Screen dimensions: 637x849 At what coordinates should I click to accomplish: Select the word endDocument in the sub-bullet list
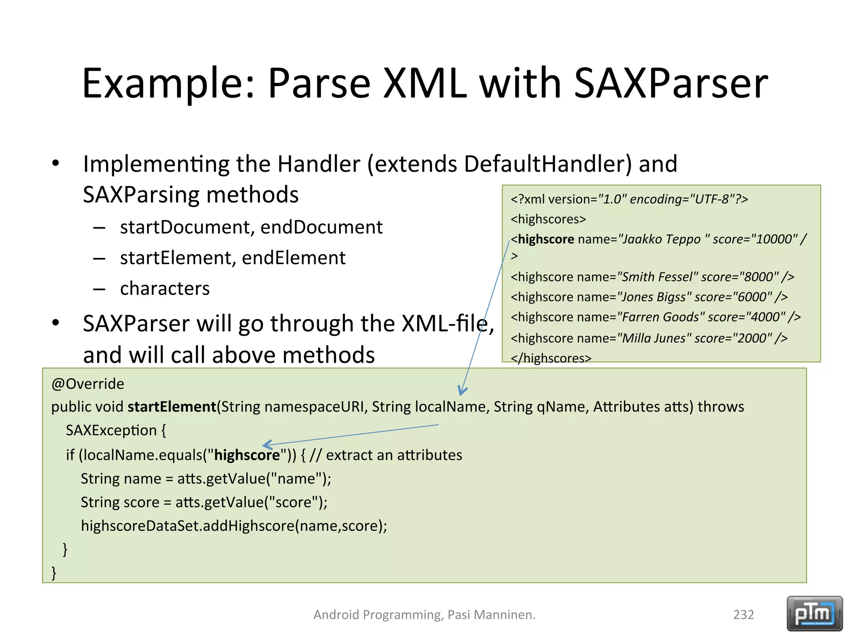[321, 227]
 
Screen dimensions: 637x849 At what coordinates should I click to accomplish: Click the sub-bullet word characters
[165, 289]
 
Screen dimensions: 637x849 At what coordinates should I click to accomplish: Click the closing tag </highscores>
[551, 358]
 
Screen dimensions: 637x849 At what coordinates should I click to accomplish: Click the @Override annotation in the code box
[87, 384]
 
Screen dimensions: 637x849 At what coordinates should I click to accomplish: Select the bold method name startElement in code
[172, 407]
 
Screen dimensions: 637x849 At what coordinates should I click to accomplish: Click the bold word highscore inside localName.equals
[247, 455]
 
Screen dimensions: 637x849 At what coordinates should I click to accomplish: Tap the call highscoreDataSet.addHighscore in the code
[187, 526]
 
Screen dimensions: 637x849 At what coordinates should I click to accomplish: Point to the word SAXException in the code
[111, 430]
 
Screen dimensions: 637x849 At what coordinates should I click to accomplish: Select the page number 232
[743, 615]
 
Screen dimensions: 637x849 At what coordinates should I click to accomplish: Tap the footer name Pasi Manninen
[491, 615]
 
